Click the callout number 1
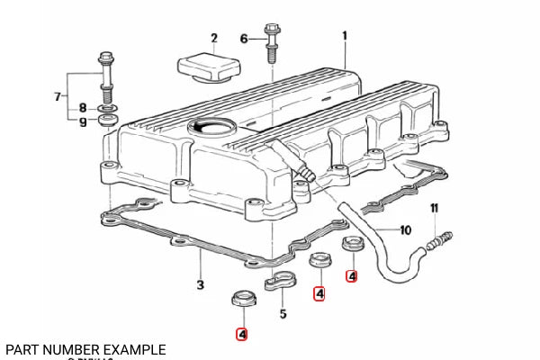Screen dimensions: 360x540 point(344,36)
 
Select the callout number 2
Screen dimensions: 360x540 point(214,38)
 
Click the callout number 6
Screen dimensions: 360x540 point(243,38)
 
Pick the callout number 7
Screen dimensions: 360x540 point(58,96)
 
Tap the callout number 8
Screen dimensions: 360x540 point(83,107)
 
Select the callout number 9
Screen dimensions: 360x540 point(83,122)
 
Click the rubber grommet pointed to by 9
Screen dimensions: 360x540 point(107,120)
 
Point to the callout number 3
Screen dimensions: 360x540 point(200,285)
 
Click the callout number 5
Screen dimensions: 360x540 point(283,314)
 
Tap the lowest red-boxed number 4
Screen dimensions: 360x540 point(241,334)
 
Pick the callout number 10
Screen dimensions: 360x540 point(404,229)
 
